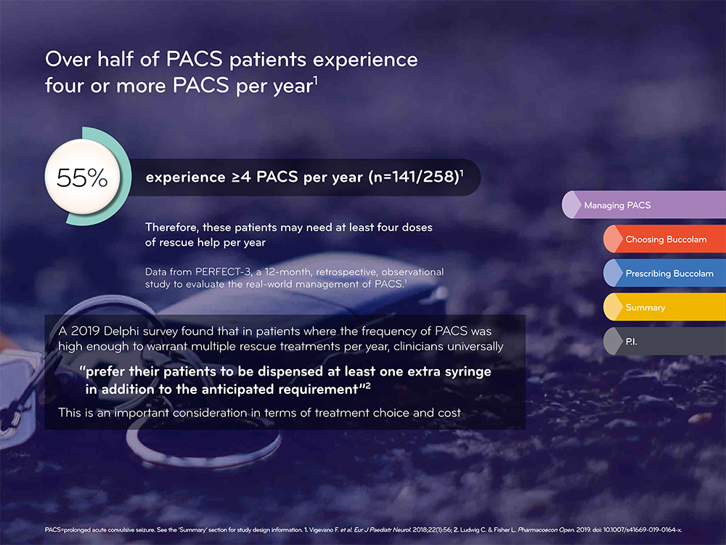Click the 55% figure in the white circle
(x=82, y=177)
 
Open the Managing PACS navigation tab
(x=643, y=205)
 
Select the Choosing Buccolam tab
(x=664, y=239)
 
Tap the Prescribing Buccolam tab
(x=664, y=273)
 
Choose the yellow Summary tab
(x=664, y=307)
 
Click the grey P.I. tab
(x=664, y=342)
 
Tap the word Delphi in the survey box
(x=121, y=331)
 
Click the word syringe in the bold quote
(x=468, y=372)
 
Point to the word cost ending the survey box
(x=449, y=413)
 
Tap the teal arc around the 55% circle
(x=126, y=177)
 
